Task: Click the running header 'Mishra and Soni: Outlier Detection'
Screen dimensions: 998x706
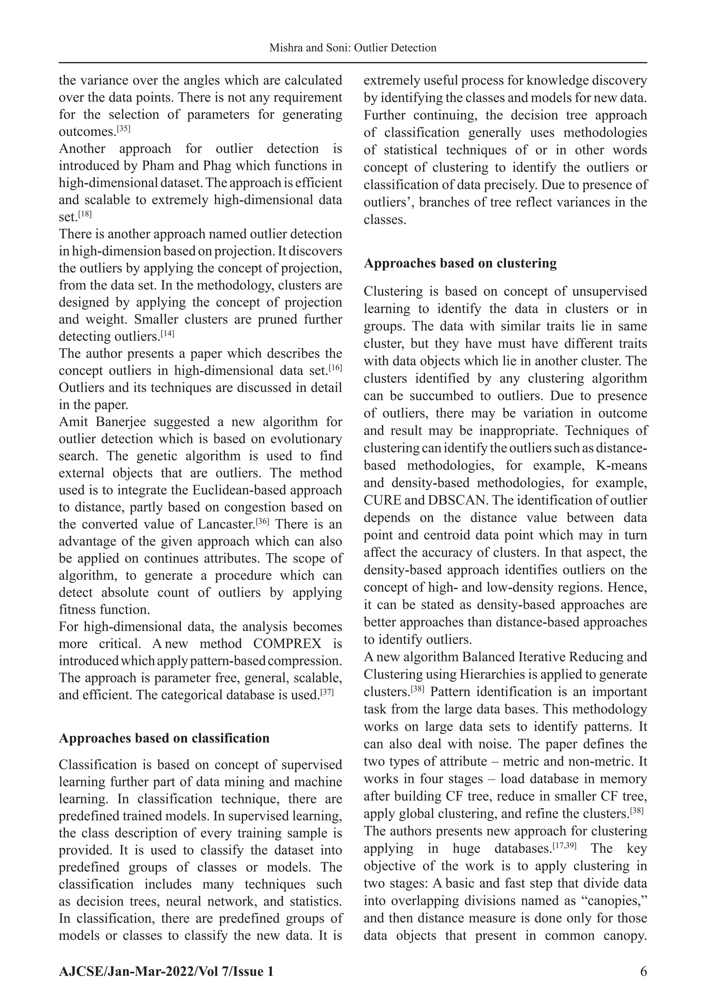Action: coord(353,48)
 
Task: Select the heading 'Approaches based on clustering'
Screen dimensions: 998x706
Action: coord(460,263)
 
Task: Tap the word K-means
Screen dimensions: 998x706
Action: coord(622,465)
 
